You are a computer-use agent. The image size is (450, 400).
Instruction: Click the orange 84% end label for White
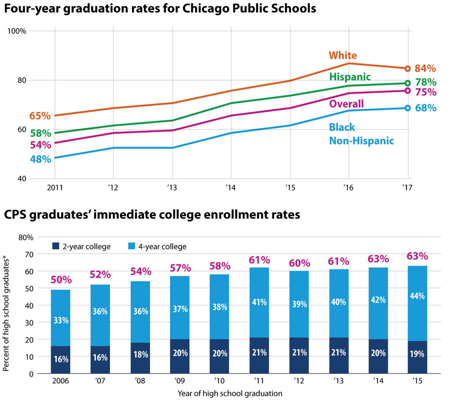pos(425,69)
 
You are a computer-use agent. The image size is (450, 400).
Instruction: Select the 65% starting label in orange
pos(40,116)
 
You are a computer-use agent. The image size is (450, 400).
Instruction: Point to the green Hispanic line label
pos(349,77)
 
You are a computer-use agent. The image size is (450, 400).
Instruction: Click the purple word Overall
pos(345,104)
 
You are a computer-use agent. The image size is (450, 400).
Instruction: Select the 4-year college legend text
pos(162,246)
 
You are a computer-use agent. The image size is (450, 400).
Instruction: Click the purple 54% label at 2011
pos(40,145)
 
